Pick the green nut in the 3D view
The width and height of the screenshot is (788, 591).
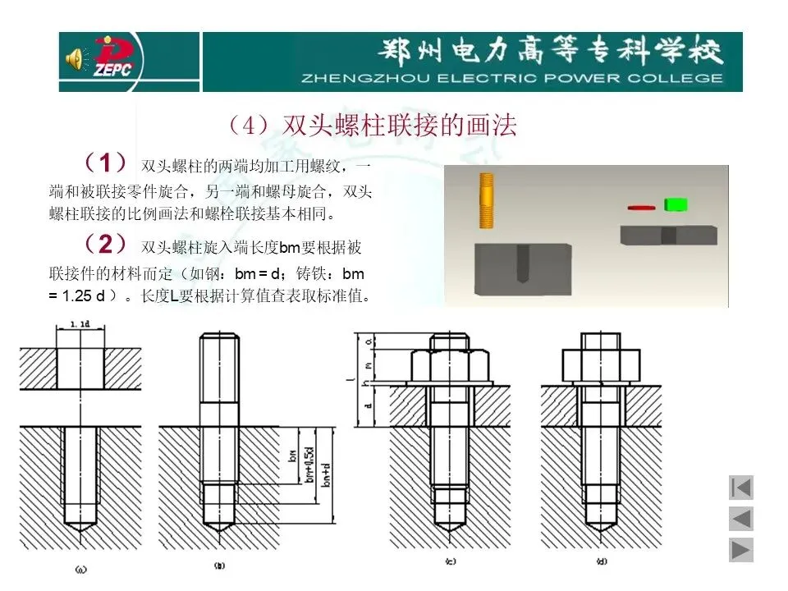pos(676,204)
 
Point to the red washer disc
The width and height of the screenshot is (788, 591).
pos(641,208)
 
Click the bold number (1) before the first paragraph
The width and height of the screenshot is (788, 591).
pos(104,160)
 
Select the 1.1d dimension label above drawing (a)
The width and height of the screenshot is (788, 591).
pos(80,325)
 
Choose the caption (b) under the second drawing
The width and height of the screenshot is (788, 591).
pos(219,566)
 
